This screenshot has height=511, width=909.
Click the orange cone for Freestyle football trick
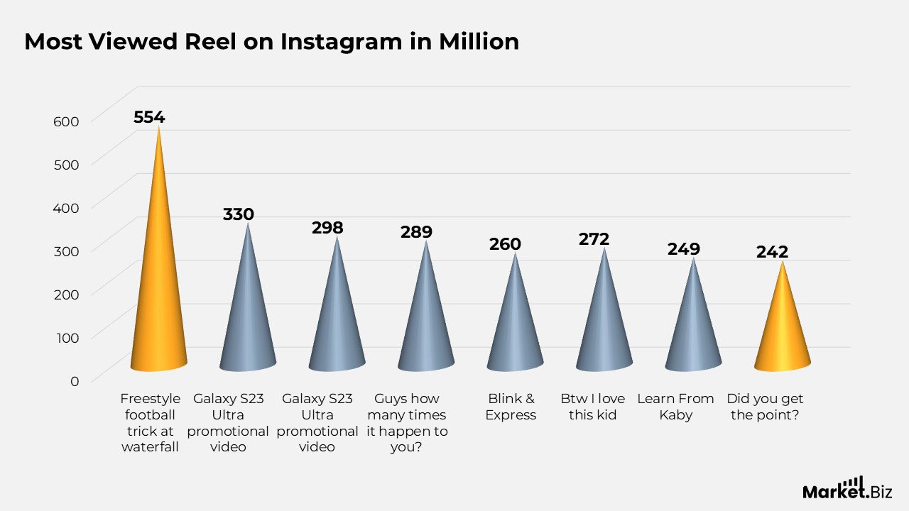158,298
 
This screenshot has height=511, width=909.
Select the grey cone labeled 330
248,319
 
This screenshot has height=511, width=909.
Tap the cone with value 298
337,323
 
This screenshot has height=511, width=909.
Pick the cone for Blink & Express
515,326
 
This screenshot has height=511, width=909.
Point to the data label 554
149,117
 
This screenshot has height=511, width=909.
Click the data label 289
416,231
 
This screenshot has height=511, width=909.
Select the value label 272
594,239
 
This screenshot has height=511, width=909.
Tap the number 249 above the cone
683,249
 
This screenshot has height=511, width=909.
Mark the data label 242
772,252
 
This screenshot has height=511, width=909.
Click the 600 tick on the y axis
66,121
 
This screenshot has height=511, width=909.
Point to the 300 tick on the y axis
66,251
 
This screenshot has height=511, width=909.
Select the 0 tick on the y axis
75,380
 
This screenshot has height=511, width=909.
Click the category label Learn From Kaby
675,407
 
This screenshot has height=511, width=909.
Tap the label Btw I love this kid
592,407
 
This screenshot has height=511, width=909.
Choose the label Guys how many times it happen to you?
407,423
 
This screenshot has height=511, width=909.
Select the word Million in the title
479,42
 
